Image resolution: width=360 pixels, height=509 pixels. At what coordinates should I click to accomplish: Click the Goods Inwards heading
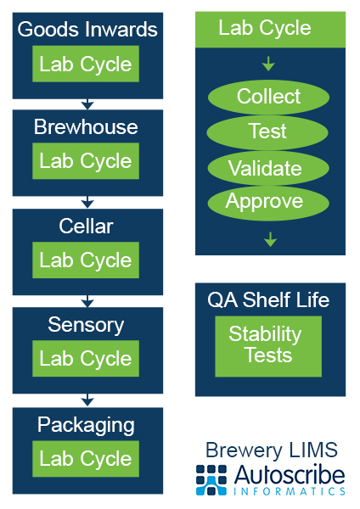point(87,29)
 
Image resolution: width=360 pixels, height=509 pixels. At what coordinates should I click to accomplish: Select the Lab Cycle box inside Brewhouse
point(86,161)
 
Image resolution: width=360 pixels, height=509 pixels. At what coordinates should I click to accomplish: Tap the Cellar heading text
point(86,226)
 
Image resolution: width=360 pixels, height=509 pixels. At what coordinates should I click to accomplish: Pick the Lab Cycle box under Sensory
point(86,358)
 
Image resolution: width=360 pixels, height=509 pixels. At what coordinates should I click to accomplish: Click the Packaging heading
point(86,425)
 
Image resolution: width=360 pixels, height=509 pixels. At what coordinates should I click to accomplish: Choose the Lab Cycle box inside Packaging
point(86,459)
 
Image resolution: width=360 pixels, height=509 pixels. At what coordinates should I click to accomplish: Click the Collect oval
point(268,97)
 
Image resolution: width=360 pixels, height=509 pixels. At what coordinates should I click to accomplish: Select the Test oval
point(267,132)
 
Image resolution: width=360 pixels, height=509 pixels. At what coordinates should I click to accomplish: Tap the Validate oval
point(268,168)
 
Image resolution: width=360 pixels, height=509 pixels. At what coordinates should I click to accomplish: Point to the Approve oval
point(268,204)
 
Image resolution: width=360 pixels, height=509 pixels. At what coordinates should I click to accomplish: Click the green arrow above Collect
point(268,64)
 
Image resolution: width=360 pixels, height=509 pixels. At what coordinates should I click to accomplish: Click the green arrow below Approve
point(270,239)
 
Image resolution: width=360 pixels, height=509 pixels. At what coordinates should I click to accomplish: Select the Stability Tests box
point(268,346)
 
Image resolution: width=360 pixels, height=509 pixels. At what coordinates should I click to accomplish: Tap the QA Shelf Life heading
point(268,299)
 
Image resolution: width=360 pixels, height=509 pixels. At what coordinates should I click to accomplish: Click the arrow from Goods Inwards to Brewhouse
point(87,104)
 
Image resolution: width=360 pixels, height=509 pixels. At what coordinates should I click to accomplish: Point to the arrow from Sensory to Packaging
point(87,400)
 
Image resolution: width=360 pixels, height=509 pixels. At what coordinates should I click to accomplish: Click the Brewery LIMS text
point(272,450)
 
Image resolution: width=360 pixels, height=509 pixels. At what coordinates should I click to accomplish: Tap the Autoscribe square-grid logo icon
point(211,480)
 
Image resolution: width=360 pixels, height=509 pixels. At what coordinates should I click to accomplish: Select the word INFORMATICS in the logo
point(290,491)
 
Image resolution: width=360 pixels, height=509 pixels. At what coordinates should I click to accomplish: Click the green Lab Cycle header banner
point(270,30)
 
